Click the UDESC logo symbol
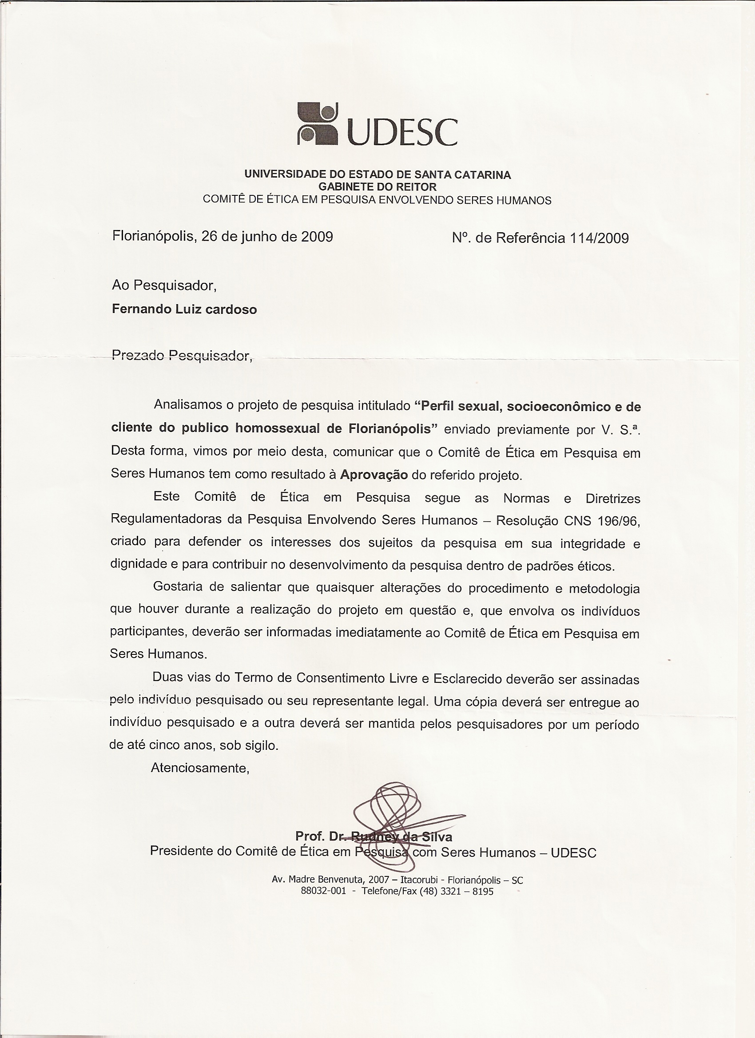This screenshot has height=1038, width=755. (318, 123)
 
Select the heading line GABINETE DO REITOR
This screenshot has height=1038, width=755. (377, 187)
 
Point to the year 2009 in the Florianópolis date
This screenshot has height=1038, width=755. (317, 236)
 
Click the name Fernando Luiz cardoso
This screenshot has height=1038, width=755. (184, 309)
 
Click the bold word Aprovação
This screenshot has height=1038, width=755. (374, 475)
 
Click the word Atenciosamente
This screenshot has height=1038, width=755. (200, 768)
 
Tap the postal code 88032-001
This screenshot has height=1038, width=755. (323, 891)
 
